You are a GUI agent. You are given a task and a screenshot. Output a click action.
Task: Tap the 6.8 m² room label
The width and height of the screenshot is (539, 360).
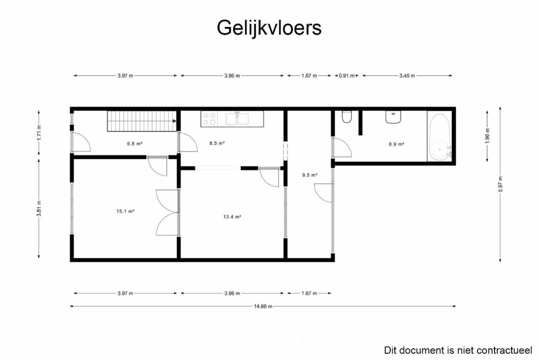click(135, 144)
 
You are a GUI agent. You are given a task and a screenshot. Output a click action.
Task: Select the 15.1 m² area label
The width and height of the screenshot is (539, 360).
click(125, 211)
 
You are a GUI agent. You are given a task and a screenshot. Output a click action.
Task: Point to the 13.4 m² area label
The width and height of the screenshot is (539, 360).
click(232, 217)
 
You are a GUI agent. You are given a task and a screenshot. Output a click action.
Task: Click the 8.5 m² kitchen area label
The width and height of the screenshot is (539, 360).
click(217, 143)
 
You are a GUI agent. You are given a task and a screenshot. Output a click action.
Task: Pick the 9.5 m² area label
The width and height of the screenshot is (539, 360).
click(310, 175)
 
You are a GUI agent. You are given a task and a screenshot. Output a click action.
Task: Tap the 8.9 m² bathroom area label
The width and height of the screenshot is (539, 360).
click(397, 144)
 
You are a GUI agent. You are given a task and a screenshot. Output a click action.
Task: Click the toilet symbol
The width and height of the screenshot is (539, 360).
click(347, 116)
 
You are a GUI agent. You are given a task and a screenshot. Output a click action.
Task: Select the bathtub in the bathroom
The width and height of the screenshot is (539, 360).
click(440, 137)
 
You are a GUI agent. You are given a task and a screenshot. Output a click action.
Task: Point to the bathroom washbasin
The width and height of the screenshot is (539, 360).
click(393, 117)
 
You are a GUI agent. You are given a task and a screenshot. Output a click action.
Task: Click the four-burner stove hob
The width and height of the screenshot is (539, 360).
click(209, 119)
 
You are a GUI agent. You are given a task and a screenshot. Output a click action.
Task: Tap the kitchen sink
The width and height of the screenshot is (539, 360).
click(237, 119)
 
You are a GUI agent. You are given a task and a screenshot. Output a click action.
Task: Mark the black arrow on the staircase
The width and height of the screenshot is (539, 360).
click(174, 121)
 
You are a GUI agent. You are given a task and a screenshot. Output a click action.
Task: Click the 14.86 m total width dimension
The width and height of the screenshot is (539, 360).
click(263, 307)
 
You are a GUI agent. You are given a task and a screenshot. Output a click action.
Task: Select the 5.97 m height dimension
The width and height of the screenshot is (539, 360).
click(500, 184)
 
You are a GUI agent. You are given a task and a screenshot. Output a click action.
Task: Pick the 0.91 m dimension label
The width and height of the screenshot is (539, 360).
click(347, 76)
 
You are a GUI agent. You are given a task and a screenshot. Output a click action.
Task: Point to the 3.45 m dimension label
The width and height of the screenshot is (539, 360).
click(407, 76)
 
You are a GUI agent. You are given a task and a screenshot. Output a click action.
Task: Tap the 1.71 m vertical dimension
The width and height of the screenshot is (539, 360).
click(39, 133)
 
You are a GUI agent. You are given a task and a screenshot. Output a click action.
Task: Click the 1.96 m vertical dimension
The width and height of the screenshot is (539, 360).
click(487, 136)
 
